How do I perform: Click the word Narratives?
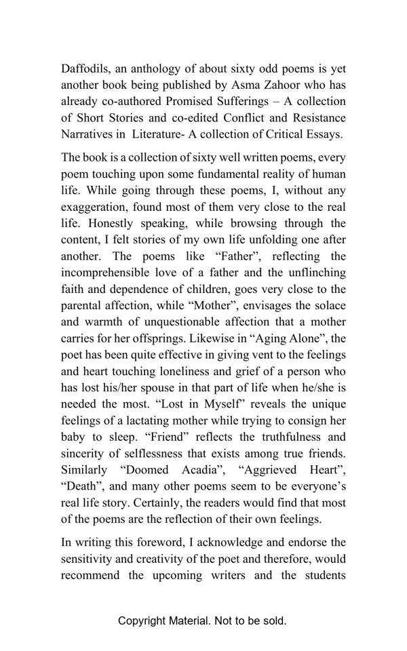click(86, 134)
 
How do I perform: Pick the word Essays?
click(324, 134)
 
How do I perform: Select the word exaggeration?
click(94, 206)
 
